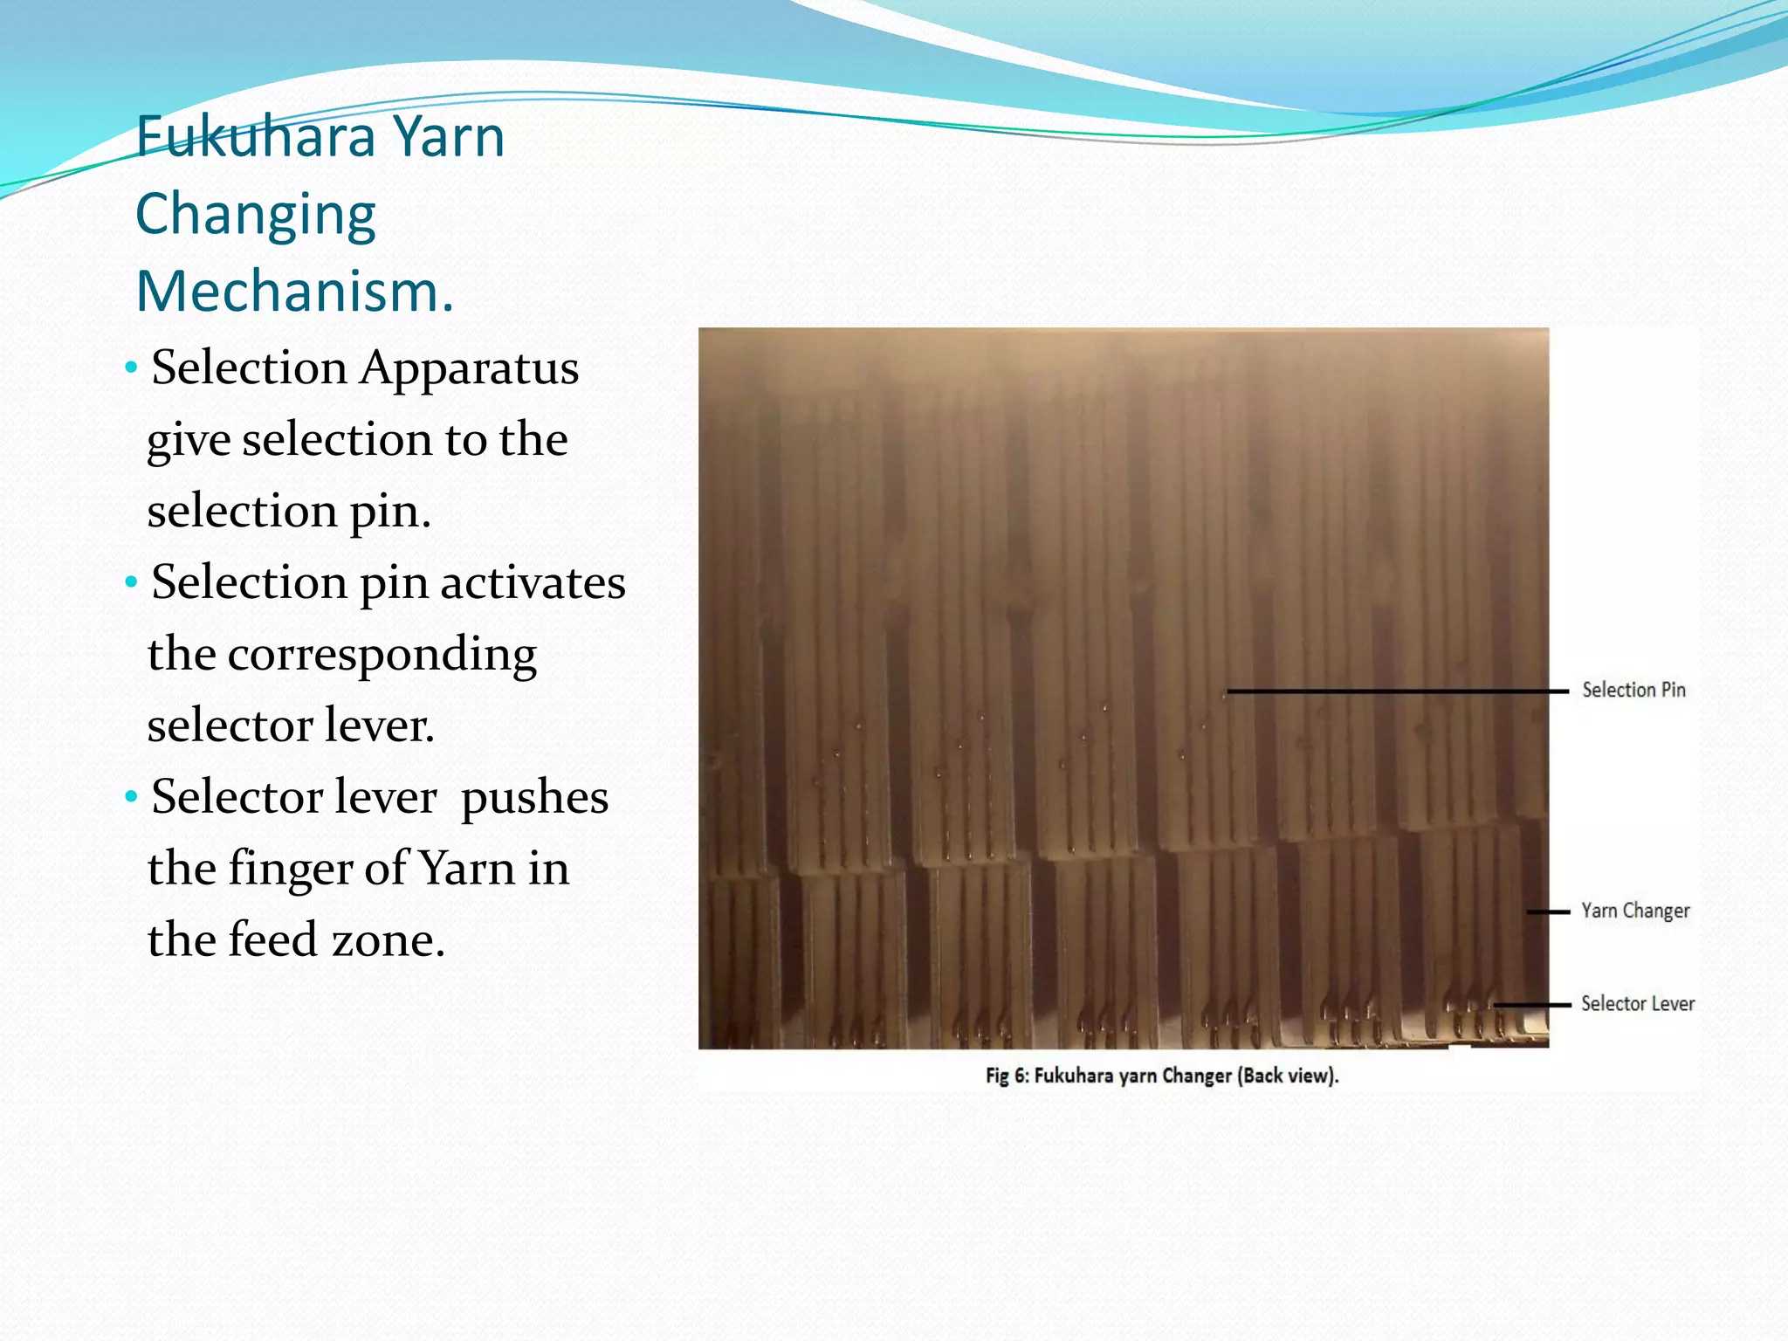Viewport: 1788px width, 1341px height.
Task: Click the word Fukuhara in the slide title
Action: pyautogui.click(x=256, y=138)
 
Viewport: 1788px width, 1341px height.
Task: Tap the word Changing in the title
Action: pyautogui.click(x=256, y=215)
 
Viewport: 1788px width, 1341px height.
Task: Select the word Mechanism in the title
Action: pyautogui.click(x=288, y=292)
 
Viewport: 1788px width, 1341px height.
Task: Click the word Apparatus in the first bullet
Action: pyautogui.click(x=470, y=368)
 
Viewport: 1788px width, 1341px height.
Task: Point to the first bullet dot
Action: pyautogui.click(x=131, y=368)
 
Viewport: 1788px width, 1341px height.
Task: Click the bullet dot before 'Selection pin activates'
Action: pyautogui.click(x=131, y=581)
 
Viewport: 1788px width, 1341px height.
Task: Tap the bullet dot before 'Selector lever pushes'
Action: pyautogui.click(x=131, y=796)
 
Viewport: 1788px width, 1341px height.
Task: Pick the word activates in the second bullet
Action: pyautogui.click(x=533, y=583)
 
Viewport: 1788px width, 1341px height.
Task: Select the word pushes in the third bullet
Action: pyautogui.click(x=534, y=798)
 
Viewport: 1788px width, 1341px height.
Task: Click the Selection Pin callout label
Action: pyautogui.click(x=1633, y=691)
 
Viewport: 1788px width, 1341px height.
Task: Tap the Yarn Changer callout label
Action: pyautogui.click(x=1635, y=911)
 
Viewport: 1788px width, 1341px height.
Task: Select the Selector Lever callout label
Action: pyautogui.click(x=1638, y=1004)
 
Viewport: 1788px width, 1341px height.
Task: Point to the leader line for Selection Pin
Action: pyautogui.click(x=1397, y=691)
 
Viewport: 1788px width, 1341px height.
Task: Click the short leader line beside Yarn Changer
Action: pyautogui.click(x=1548, y=912)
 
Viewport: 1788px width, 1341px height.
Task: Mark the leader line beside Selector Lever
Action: pyautogui.click(x=1532, y=1005)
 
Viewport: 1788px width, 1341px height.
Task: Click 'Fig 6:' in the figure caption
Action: pyautogui.click(x=1007, y=1076)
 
